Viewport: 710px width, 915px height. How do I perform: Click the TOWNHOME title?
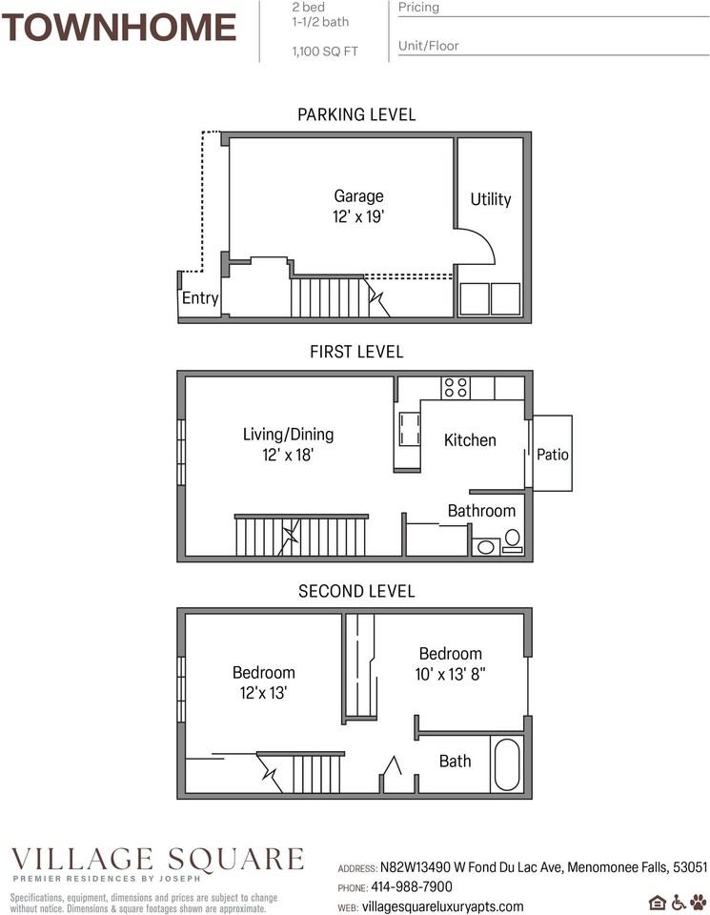point(119,28)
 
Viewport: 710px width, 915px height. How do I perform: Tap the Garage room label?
point(358,197)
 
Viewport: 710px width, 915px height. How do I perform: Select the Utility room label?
point(490,199)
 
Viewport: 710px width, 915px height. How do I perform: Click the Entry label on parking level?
point(200,298)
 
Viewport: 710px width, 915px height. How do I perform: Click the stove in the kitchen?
point(455,388)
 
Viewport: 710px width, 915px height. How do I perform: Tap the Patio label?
point(553,455)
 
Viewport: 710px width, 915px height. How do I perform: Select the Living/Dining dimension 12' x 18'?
point(288,457)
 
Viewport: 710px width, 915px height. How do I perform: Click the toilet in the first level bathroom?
point(512,540)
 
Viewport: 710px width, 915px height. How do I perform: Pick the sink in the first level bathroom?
point(485,547)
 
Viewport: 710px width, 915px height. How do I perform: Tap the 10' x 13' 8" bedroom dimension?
point(450,674)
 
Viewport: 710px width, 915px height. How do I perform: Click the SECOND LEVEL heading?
point(356,591)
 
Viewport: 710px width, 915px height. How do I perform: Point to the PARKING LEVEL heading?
point(356,114)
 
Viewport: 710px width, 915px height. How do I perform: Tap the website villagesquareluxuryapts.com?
point(443,906)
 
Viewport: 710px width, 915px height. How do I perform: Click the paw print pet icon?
point(699,902)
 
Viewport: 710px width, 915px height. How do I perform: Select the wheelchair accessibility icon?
point(679,902)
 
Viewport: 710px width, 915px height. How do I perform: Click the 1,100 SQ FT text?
point(325,51)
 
